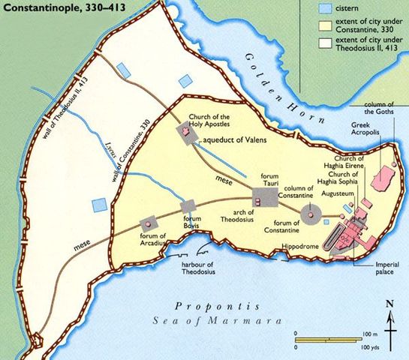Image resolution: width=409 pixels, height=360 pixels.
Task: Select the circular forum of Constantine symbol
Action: click(310, 214)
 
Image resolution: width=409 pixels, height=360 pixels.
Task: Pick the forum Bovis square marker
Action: click(188, 205)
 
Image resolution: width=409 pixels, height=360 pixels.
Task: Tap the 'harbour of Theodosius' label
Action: click(197, 268)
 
